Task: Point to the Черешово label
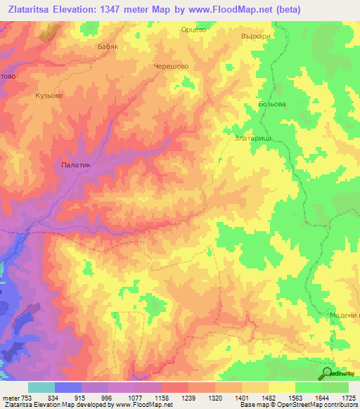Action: coord(171,67)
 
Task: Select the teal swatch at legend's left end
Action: coord(41,388)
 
